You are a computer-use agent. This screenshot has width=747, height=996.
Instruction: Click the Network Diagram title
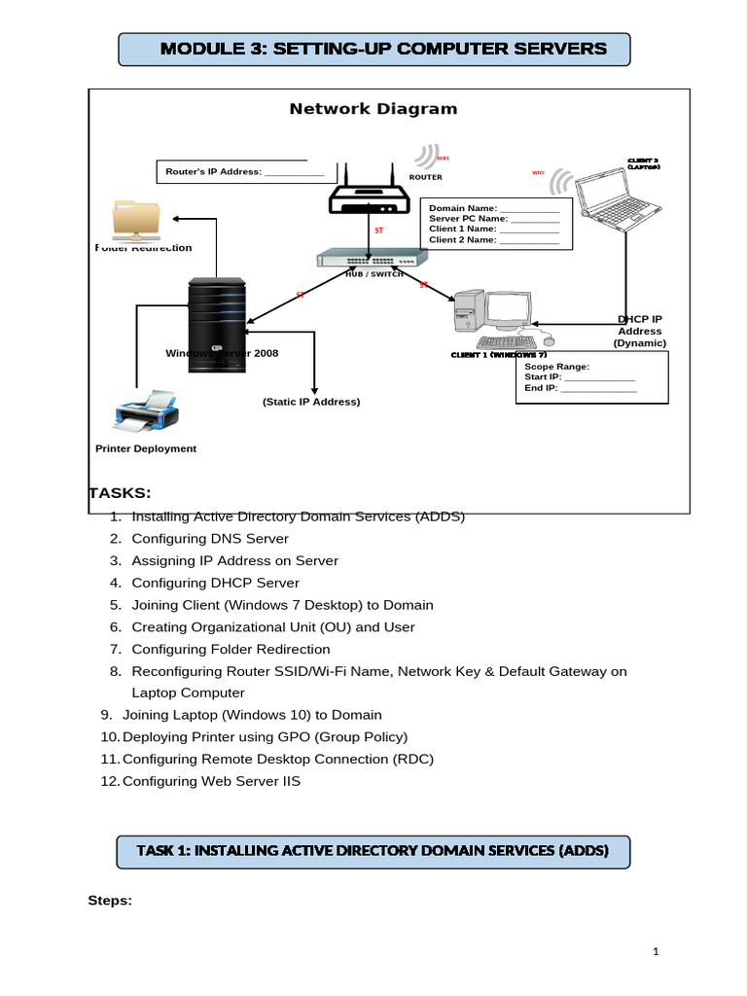373,109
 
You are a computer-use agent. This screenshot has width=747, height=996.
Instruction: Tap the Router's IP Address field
294,172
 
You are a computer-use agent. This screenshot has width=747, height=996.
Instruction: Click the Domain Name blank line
528,208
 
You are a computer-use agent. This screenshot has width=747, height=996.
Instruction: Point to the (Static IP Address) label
311,402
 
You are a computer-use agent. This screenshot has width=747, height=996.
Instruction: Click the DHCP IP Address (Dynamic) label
639,331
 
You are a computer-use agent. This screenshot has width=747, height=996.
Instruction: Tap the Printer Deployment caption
146,448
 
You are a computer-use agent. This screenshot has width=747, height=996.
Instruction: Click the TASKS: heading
120,493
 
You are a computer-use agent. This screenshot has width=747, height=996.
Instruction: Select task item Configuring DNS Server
210,538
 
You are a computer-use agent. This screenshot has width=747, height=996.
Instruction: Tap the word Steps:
110,901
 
